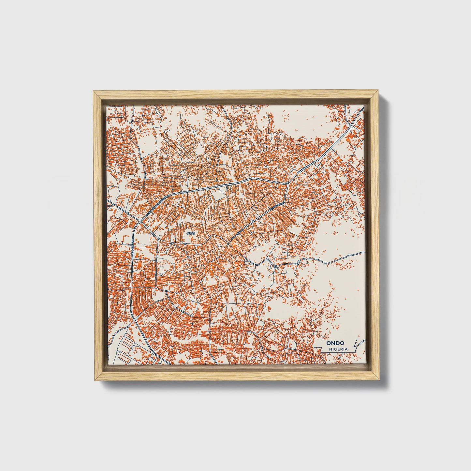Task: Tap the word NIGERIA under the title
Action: click(338, 349)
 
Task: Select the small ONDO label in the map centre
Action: click(190, 233)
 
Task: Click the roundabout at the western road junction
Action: click(140, 222)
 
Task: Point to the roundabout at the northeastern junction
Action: click(286, 184)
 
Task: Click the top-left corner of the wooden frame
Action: click(94, 92)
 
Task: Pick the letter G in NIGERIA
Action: click(335, 349)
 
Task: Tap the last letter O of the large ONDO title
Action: click(345, 343)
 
